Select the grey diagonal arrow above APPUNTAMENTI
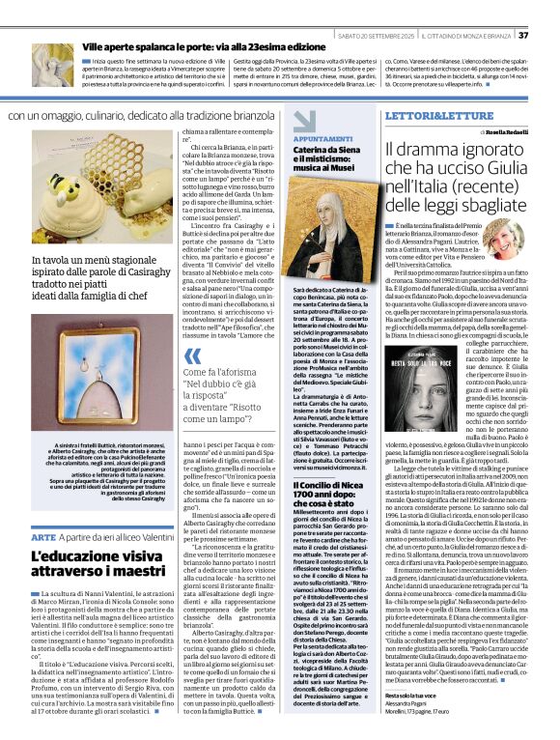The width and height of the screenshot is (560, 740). [x=304, y=120]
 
